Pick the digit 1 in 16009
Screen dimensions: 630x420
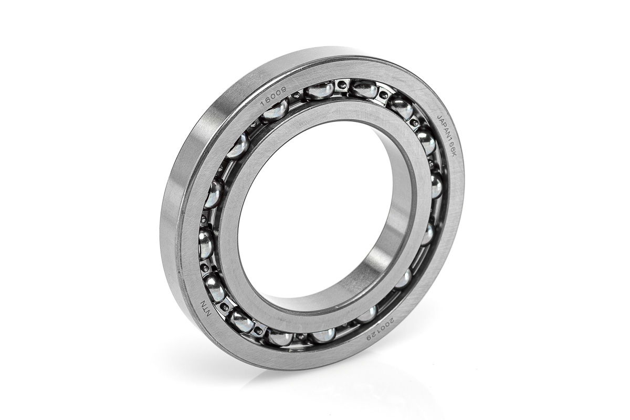(263, 104)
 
